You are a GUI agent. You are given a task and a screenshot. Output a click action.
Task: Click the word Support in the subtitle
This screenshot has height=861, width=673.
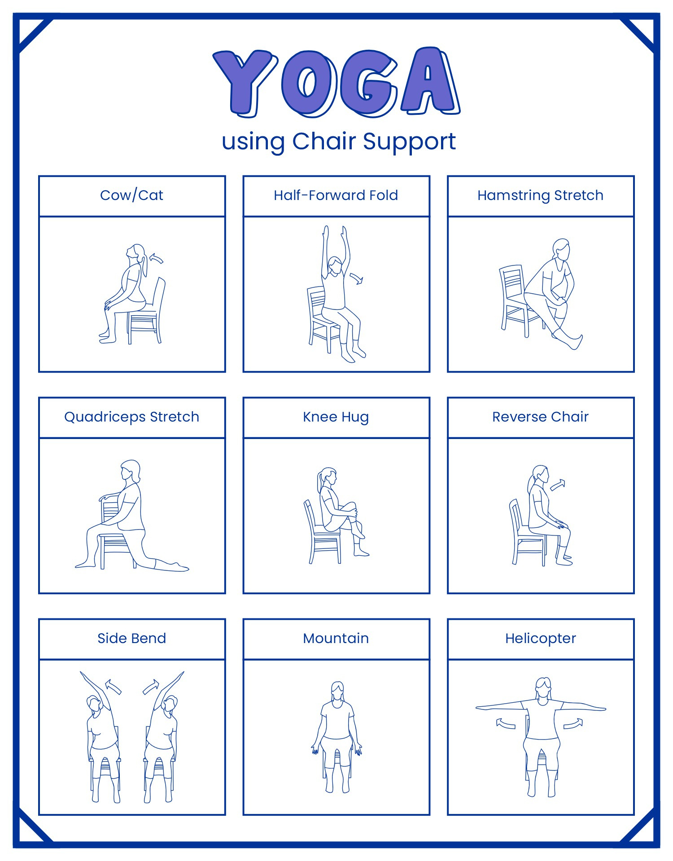click(x=409, y=142)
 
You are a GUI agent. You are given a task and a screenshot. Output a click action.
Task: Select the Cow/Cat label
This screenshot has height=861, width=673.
click(x=131, y=196)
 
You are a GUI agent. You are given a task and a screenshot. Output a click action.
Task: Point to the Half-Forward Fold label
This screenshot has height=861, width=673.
click(x=336, y=196)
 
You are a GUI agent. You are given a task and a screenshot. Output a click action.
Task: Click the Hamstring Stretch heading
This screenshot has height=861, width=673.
click(x=540, y=196)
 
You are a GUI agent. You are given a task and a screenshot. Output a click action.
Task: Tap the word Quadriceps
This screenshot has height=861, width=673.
click(x=105, y=417)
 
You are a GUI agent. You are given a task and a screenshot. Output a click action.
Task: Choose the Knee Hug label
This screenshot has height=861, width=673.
click(x=336, y=417)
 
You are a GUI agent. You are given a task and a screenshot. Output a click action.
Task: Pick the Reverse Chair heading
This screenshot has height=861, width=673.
click(x=540, y=417)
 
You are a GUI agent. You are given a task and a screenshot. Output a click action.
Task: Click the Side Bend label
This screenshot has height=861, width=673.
click(x=131, y=638)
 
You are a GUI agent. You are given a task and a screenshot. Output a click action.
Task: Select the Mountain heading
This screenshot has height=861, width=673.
click(x=336, y=638)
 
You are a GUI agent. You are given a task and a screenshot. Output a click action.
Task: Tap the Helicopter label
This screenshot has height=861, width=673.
click(x=540, y=638)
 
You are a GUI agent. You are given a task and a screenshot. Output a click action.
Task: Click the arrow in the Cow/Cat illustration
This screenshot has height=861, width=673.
click(x=156, y=259)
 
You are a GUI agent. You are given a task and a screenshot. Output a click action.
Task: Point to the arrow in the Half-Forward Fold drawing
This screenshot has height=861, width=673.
click(x=357, y=278)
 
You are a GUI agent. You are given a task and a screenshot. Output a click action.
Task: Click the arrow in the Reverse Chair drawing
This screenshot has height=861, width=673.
click(x=558, y=485)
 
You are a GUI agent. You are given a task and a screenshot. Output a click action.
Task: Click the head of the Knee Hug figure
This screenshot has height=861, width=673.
click(x=328, y=476)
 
